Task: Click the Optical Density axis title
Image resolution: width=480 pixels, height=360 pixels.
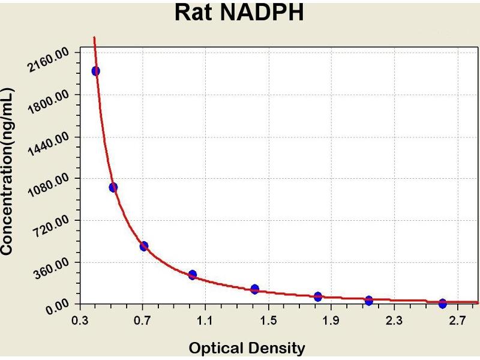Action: point(247,348)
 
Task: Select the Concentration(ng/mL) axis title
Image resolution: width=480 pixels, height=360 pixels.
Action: point(8,172)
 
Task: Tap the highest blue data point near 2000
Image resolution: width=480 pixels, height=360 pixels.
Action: point(95,71)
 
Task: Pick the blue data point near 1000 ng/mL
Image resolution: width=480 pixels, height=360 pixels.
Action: point(113,187)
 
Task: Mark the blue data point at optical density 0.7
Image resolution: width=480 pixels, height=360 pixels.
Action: point(144,246)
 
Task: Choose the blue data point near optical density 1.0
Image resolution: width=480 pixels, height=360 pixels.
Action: point(193,275)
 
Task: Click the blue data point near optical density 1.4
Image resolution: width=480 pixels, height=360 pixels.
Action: point(255,289)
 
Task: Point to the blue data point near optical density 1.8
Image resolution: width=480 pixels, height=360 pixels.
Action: point(318,296)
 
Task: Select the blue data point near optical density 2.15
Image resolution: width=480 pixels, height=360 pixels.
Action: point(369,300)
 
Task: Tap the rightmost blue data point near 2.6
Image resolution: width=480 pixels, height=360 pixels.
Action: point(443,304)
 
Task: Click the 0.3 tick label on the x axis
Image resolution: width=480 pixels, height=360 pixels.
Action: point(79,320)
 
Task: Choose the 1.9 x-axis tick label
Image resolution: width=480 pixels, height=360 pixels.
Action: point(331,320)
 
